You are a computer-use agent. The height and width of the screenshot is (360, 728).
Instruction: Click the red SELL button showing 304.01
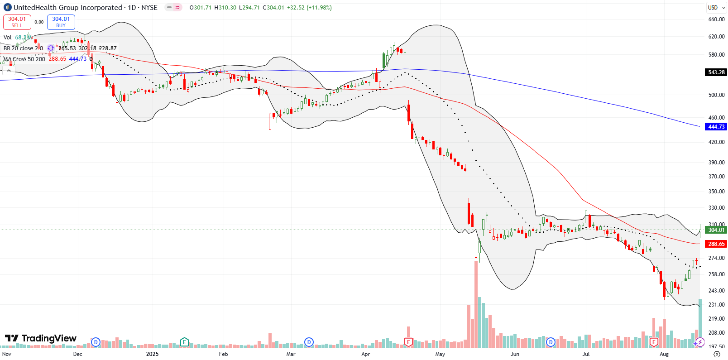pos(17,22)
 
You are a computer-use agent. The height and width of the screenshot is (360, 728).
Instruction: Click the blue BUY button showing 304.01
pos(61,22)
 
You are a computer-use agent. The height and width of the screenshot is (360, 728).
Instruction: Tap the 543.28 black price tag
pos(716,72)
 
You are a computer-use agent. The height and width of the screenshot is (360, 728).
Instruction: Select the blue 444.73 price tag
pos(716,127)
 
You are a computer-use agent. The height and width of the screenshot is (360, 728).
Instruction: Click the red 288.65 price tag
pos(716,244)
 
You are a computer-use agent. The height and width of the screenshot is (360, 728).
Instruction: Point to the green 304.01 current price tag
pos(716,230)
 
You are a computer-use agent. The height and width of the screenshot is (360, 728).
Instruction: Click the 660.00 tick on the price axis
pos(716,19)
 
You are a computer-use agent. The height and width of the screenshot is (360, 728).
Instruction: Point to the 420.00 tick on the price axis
pos(716,142)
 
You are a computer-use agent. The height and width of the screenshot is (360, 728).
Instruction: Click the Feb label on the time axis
pos(223,354)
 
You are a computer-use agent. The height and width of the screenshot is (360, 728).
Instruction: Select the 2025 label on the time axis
pos(152,354)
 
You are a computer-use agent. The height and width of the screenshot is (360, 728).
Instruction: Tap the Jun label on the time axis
pos(515,354)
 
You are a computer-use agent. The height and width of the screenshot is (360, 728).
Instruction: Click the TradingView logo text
pos(41,339)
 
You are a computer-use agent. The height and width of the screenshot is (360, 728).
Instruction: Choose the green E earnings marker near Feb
pos(184,342)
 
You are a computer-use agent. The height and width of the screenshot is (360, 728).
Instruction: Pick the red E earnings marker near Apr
pos(408,342)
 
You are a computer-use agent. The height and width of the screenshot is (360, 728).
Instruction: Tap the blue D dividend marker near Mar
pos(309,342)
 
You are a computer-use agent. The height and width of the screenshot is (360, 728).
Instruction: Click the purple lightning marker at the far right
pos(699,342)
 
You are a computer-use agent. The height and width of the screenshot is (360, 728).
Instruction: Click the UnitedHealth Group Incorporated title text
pos(68,8)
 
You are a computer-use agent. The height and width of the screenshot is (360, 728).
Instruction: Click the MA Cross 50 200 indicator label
pos(24,59)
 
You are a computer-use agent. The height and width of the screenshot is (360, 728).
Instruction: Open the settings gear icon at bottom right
pos(716,354)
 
